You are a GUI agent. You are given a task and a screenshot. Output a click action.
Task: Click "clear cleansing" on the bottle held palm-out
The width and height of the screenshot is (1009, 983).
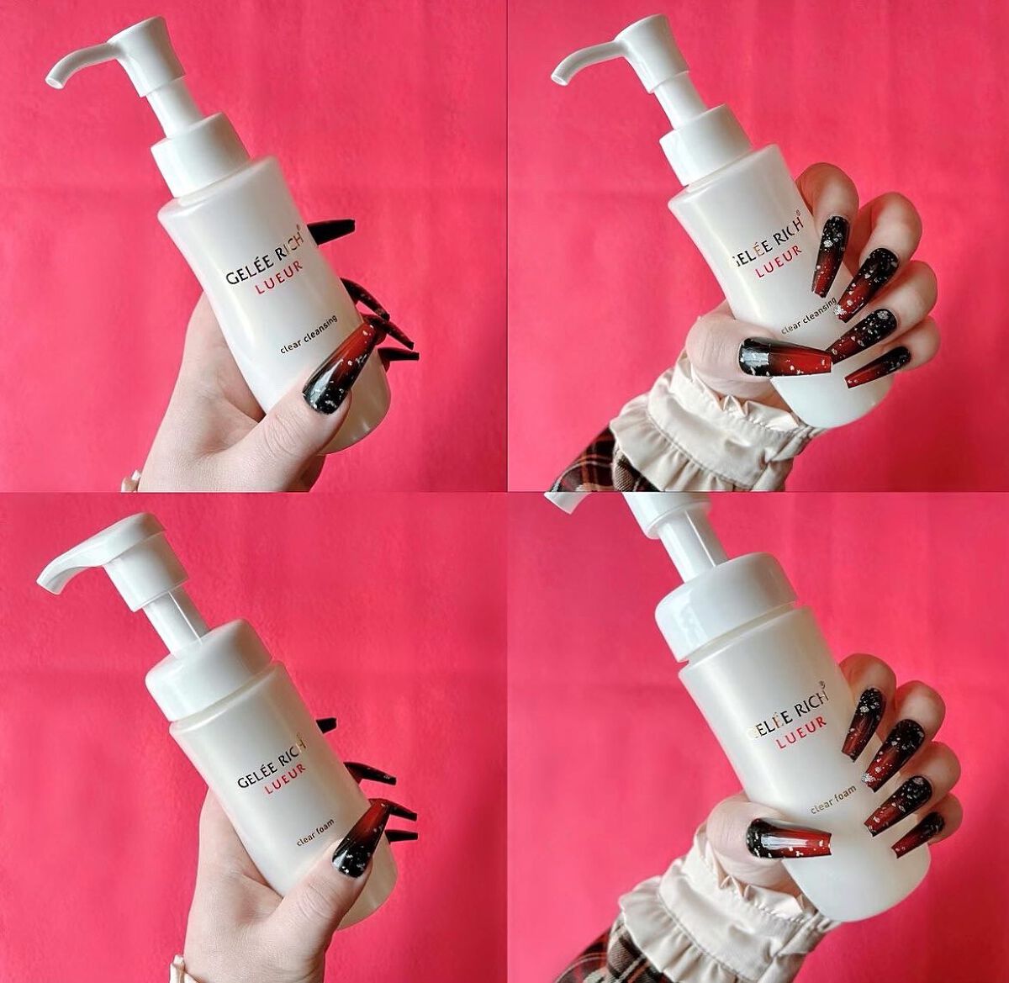(309, 335)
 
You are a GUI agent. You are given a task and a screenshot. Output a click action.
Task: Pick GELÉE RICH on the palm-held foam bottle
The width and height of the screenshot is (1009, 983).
(272, 761)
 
